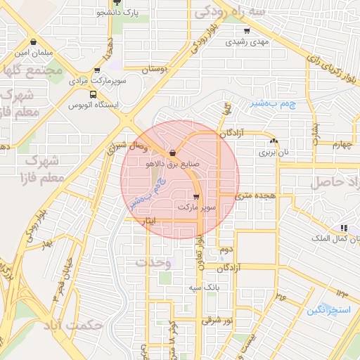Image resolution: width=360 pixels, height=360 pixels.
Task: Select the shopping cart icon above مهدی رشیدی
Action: coord(246,30)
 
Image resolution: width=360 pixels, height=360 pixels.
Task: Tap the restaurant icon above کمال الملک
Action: coord(343,228)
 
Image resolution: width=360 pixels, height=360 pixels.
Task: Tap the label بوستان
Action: coord(156,70)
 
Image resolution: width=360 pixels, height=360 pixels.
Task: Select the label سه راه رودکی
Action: coord(231,12)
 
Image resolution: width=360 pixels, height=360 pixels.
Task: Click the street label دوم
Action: coord(226,250)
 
